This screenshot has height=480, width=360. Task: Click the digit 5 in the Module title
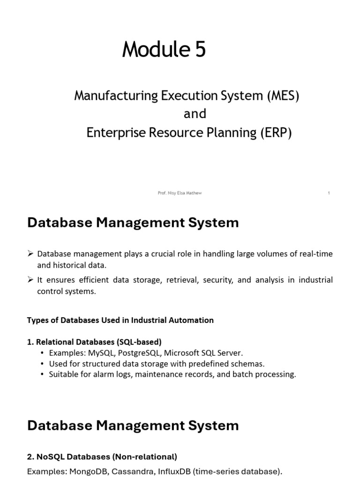point(200,50)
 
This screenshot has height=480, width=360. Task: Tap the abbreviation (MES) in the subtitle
point(283,96)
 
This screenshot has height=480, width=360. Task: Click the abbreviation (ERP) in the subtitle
point(276,133)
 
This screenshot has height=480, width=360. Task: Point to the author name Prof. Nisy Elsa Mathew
point(180,193)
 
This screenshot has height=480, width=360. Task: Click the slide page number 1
point(329,193)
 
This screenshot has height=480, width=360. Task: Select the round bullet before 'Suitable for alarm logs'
point(43,375)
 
